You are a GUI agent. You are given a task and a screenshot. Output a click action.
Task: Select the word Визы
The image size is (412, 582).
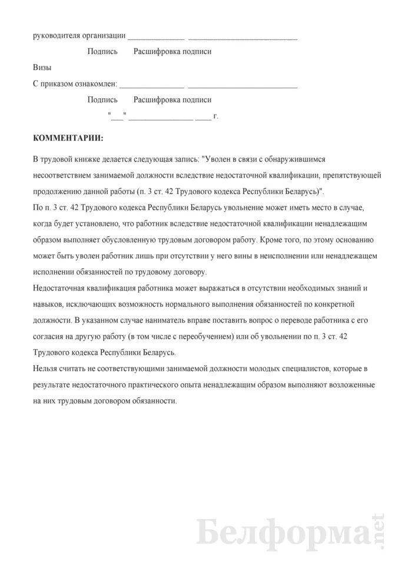[43, 68]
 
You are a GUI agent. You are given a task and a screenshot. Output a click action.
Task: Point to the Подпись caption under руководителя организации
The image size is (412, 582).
[102, 52]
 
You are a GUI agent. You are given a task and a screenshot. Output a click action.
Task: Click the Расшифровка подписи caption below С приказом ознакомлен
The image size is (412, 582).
[172, 101]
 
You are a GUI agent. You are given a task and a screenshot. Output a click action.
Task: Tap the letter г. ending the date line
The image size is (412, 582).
[216, 116]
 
